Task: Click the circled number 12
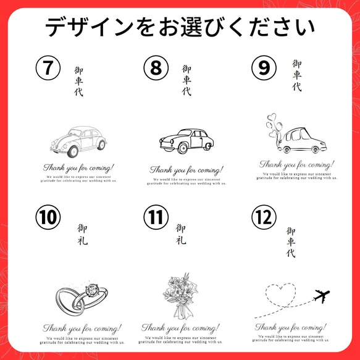pyautogui.click(x=263, y=217)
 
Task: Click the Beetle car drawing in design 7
pyautogui.click(x=77, y=141)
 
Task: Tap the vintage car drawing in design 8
pyautogui.click(x=186, y=141)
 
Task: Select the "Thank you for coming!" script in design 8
pyautogui.click(x=186, y=169)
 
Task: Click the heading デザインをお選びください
pyautogui.click(x=180, y=28)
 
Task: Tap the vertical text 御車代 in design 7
pyautogui.click(x=78, y=82)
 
